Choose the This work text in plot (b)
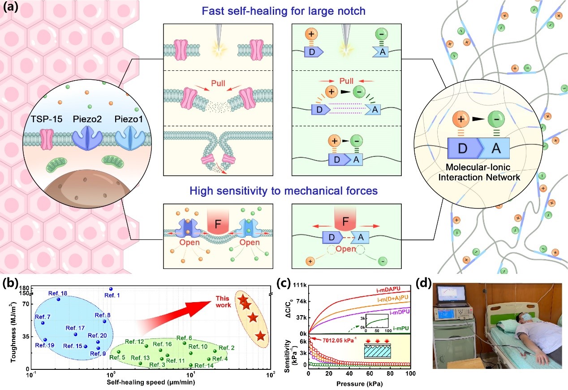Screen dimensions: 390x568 point(223,301)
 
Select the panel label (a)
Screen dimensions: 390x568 point(10,8)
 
